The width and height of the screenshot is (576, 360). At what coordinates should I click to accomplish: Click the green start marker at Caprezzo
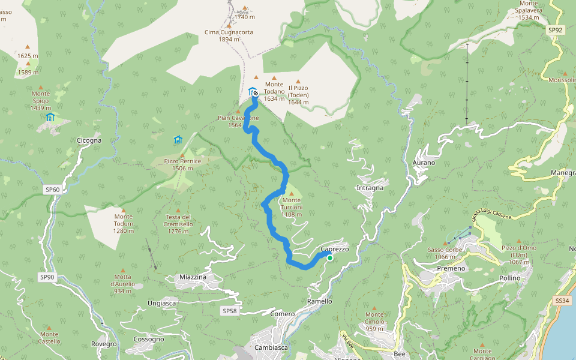tap(329, 257)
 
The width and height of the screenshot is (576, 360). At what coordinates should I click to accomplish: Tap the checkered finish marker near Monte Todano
tap(256, 94)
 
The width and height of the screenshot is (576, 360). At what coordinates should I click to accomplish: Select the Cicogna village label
tap(89, 140)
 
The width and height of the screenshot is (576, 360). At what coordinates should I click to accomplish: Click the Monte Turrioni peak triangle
tap(292, 193)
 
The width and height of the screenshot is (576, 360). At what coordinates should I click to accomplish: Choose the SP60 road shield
tap(52, 190)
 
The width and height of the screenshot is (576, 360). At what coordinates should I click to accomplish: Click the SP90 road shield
tap(47, 277)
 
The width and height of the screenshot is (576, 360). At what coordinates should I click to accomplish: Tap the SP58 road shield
tap(230, 311)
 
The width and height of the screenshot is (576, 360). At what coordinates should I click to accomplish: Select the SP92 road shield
tap(555, 29)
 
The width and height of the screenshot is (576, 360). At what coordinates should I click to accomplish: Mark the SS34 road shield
tap(562, 301)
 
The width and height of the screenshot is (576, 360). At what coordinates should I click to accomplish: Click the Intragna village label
tap(370, 188)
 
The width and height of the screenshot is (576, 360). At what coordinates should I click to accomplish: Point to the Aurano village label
tap(424, 163)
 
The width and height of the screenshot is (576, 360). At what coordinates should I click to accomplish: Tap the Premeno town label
tap(451, 268)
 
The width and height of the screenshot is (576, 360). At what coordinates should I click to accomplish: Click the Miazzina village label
tap(193, 277)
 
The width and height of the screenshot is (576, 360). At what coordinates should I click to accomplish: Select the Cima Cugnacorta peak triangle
tap(229, 26)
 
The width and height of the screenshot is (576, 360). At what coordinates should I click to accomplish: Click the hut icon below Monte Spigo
tap(50, 117)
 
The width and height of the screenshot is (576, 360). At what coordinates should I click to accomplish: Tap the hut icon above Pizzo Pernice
tap(178, 140)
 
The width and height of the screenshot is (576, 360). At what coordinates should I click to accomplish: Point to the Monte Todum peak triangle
tap(123, 209)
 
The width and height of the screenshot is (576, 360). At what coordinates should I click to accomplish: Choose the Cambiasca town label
tap(271, 347)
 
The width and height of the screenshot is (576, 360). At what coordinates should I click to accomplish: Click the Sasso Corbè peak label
tap(444, 253)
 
